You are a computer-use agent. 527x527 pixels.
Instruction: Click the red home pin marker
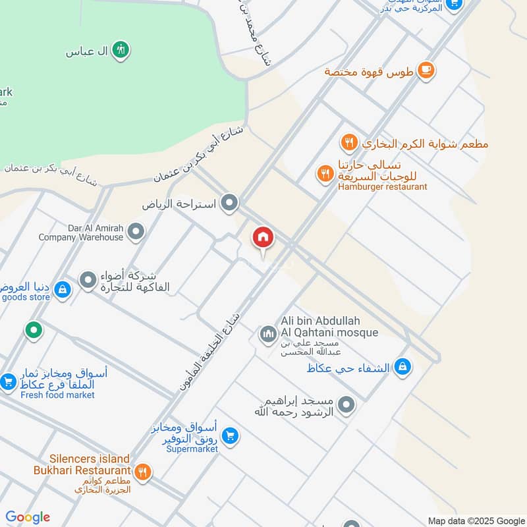pyautogui.click(x=263, y=238)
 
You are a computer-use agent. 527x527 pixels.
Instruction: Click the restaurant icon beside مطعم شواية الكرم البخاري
pyautogui.click(x=349, y=142)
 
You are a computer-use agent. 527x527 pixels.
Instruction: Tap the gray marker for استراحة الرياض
pyautogui.click(x=229, y=203)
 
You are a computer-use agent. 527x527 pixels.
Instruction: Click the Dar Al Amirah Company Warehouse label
pyautogui.click(x=81, y=232)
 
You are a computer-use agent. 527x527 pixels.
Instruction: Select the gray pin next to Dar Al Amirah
pyautogui.click(x=136, y=231)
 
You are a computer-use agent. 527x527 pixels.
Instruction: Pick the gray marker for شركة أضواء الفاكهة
pyautogui.click(x=88, y=281)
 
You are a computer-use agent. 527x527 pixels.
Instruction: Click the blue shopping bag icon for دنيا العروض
pyautogui.click(x=62, y=289)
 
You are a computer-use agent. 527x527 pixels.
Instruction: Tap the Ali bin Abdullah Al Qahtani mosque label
pyautogui.click(x=329, y=327)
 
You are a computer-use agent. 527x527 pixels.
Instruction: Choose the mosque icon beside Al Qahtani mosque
pyautogui.click(x=267, y=335)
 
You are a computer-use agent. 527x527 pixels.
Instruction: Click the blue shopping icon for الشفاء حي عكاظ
pyautogui.click(x=402, y=367)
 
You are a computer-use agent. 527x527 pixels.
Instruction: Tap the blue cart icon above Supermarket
pyautogui.click(x=230, y=435)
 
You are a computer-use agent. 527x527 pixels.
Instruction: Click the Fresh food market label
pyautogui.click(x=57, y=395)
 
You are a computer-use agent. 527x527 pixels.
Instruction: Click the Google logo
pyautogui.click(x=28, y=517)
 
